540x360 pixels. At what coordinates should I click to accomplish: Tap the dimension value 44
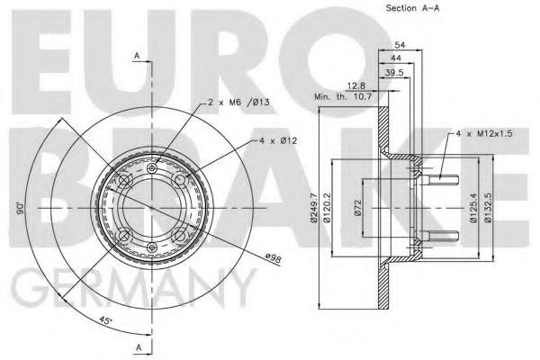[396, 58]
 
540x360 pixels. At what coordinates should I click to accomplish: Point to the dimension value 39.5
[391, 72]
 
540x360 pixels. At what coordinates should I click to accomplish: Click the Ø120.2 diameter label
[329, 210]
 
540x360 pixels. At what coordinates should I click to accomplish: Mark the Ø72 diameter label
[357, 209]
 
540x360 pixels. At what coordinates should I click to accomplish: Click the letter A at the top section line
[137, 56]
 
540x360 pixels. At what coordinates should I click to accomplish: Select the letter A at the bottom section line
[137, 346]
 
